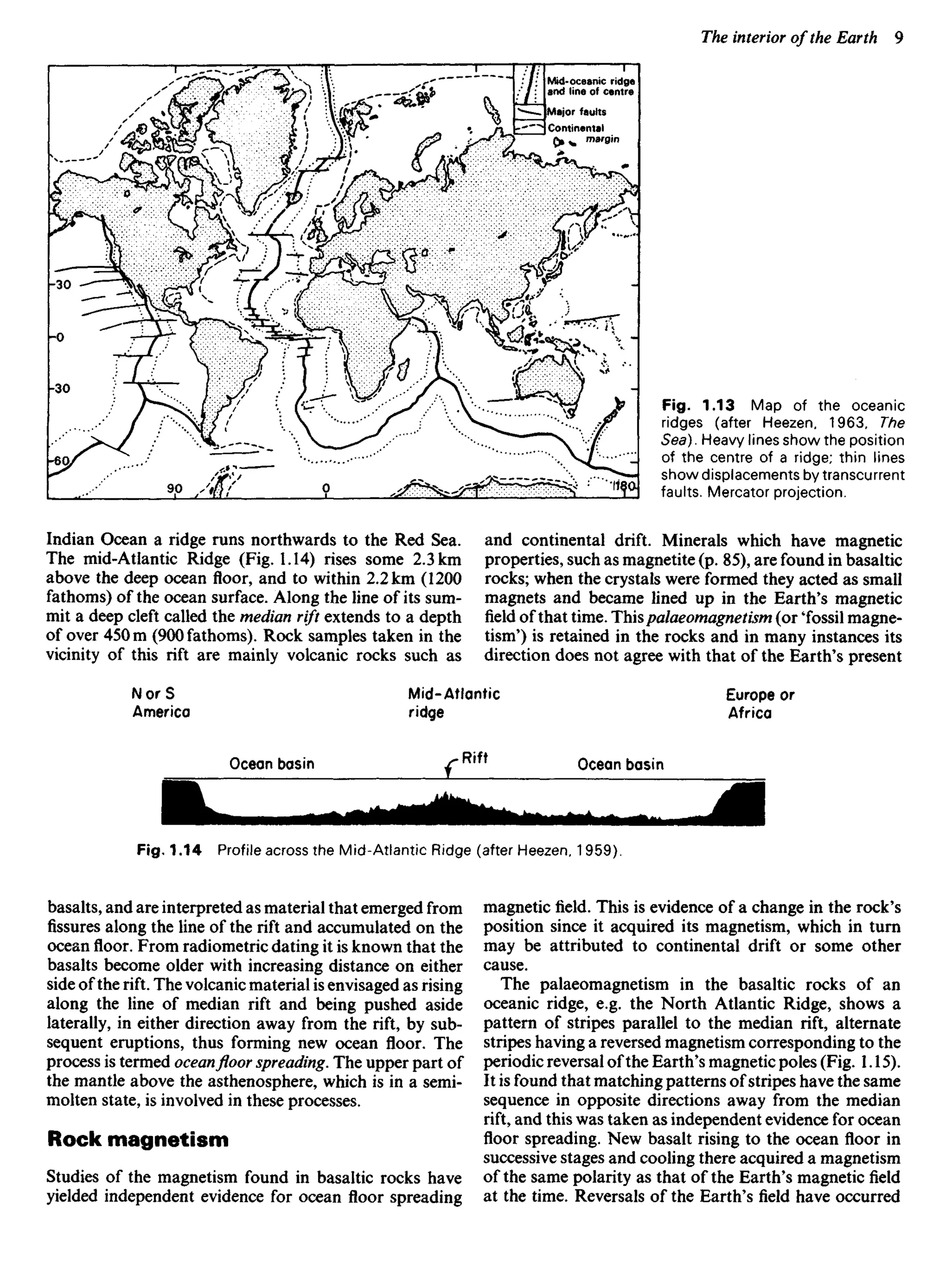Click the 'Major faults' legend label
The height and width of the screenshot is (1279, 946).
(x=576, y=112)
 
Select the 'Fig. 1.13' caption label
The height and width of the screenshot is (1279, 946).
(x=697, y=406)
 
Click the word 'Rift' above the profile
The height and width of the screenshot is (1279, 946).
(x=474, y=758)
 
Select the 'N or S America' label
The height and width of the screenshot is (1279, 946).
(x=161, y=703)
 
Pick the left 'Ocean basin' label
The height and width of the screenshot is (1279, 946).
(x=272, y=764)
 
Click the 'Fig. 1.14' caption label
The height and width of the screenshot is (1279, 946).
(x=169, y=851)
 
